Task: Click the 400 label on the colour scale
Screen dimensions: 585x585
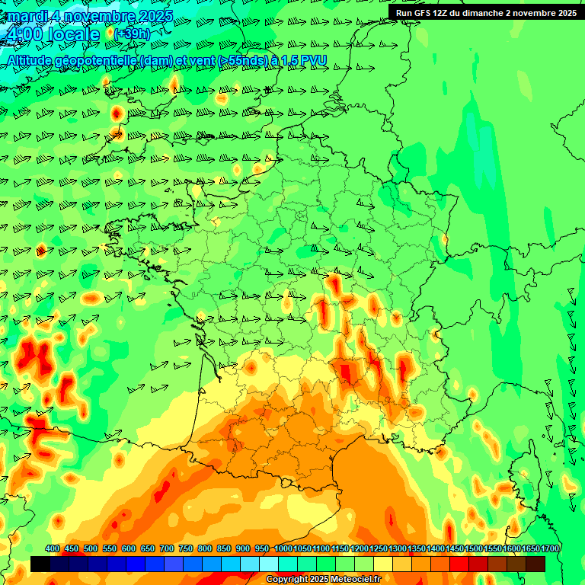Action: (53, 548)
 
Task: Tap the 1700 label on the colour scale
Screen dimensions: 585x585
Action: (550, 548)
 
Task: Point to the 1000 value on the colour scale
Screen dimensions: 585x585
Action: (283, 548)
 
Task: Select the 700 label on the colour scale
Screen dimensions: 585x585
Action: (167, 548)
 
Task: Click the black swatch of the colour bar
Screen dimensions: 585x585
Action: (40, 564)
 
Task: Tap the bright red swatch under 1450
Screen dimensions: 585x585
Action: (459, 564)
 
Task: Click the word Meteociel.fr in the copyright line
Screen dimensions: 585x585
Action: (351, 580)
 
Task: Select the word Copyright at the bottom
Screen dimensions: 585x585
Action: (287, 580)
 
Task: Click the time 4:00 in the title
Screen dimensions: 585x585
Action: (22, 34)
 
